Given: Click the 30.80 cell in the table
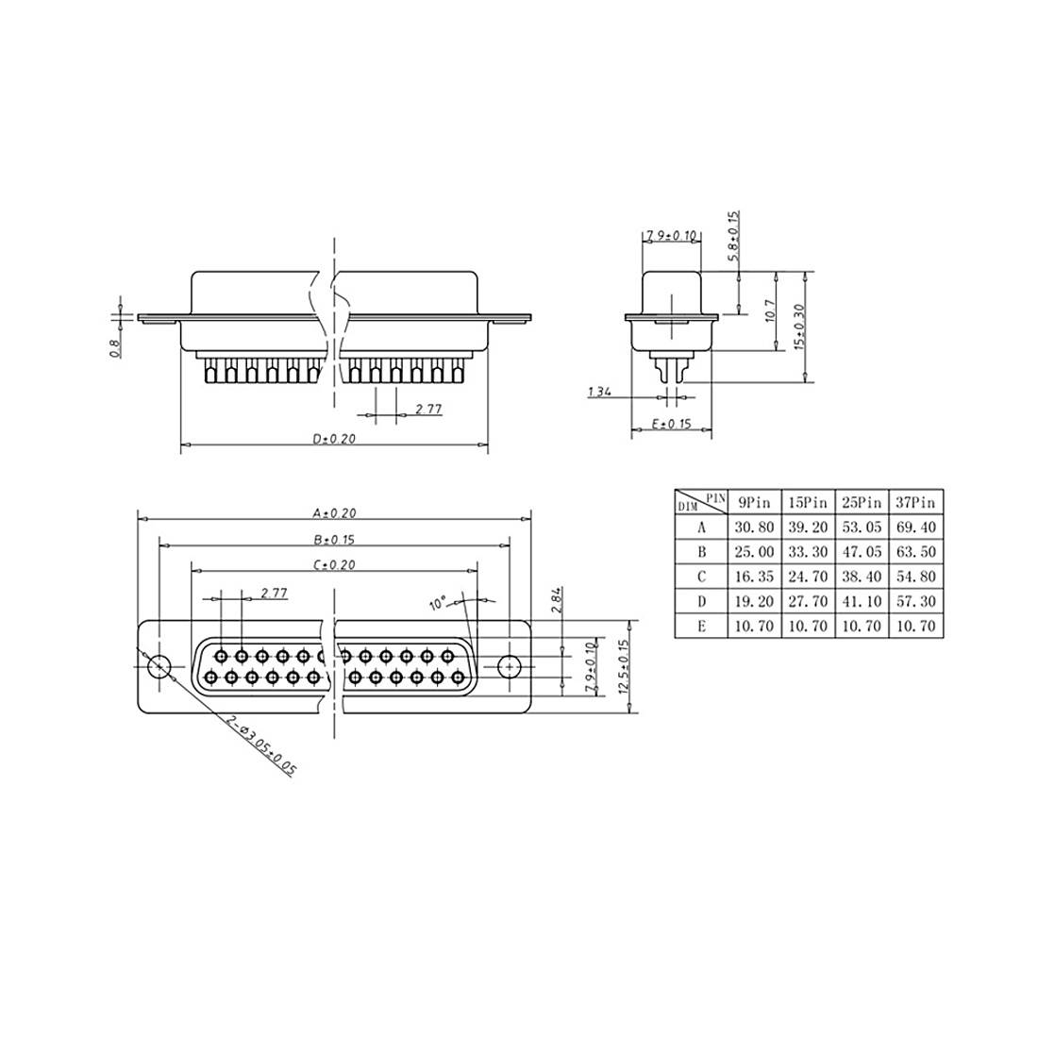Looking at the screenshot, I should [754, 528].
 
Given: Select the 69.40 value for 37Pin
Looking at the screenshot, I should [915, 528].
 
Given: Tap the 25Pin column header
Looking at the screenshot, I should [861, 503].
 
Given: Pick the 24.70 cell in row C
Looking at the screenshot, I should [808, 577].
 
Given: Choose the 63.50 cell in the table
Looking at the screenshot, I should [915, 552].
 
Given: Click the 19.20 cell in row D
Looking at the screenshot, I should [754, 601].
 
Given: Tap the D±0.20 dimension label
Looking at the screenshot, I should [333, 440].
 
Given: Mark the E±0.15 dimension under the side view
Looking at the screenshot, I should [671, 425].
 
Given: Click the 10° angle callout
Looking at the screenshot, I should [437, 603].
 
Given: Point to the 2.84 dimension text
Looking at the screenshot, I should [556, 601].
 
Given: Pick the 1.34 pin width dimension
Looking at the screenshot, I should [598, 391].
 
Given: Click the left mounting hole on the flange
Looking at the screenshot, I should [160, 666].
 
